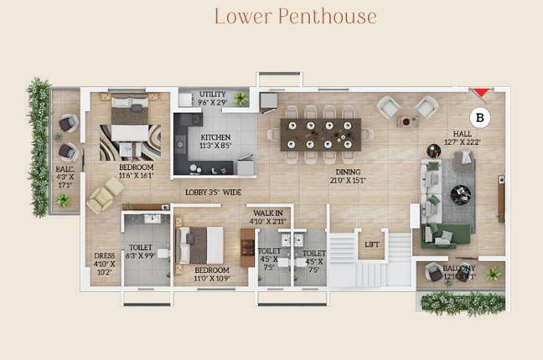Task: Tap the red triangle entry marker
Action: coord(480,92)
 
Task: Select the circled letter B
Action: coord(480,118)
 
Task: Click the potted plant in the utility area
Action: coord(241,99)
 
